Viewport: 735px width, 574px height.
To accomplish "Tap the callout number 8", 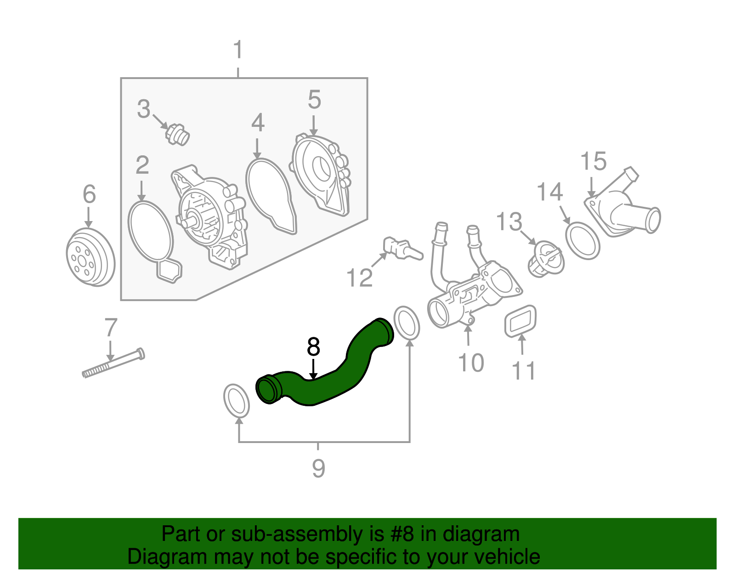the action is (x=313, y=347).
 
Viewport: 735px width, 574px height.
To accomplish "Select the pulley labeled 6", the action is (x=90, y=257).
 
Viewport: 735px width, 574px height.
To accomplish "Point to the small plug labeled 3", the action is (x=177, y=135).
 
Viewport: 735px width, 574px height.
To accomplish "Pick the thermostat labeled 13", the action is (x=546, y=259).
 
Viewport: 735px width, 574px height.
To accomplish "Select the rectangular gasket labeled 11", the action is (x=520, y=321).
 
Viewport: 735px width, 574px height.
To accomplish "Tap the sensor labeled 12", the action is (x=402, y=249).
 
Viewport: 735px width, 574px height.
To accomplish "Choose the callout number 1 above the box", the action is (x=238, y=50).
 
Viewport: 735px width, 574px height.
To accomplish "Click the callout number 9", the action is (x=318, y=468).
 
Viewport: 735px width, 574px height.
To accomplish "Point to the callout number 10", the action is (x=471, y=363).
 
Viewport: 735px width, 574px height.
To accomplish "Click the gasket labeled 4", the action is (x=271, y=196).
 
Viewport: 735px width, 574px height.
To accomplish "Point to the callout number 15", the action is (x=594, y=161).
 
